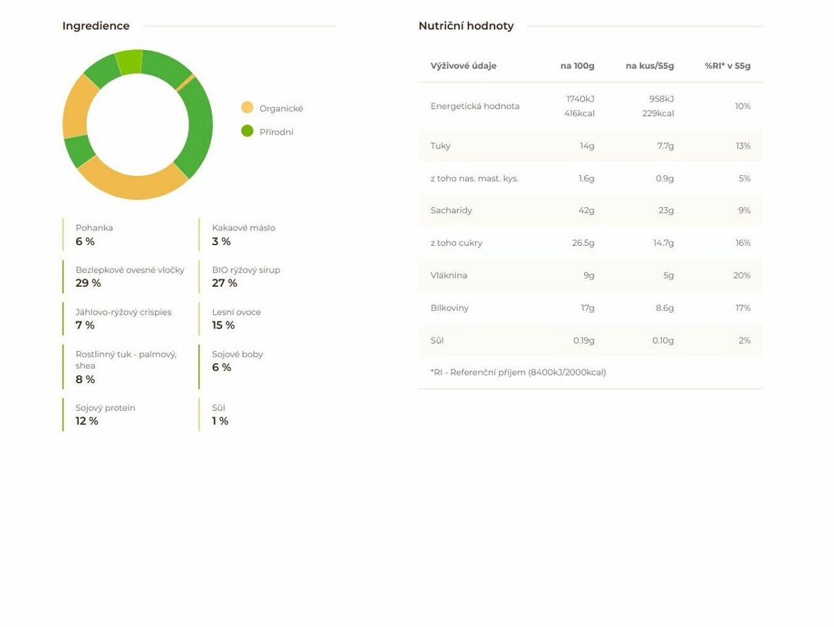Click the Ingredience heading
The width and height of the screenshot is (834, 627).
click(96, 26)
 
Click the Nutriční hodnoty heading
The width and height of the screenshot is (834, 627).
click(466, 26)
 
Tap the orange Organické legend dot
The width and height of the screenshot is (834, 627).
click(247, 108)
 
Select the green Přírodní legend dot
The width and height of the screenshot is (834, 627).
click(247, 131)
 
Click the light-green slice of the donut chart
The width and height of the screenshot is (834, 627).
click(129, 62)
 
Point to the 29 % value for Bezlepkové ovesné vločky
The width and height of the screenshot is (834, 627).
click(88, 283)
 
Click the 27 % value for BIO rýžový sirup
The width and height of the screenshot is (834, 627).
click(224, 283)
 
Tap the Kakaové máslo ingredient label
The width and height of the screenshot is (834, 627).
click(243, 227)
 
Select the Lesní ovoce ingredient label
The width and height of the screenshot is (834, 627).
click(236, 312)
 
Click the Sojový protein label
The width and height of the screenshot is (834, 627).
click(105, 408)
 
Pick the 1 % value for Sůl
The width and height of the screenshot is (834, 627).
click(220, 421)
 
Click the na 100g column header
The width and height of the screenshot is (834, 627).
click(577, 66)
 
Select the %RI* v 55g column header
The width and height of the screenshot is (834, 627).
click(727, 66)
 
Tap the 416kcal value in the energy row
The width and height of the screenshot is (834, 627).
click(579, 113)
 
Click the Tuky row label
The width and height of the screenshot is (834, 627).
click(440, 146)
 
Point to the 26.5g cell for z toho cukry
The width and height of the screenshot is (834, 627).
click(583, 243)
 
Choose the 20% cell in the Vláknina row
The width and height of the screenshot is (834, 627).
click(741, 276)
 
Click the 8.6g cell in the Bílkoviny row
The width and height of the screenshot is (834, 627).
click(665, 308)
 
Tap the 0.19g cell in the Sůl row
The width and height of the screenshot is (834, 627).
click(584, 340)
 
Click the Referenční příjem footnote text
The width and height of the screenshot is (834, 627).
click(518, 372)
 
